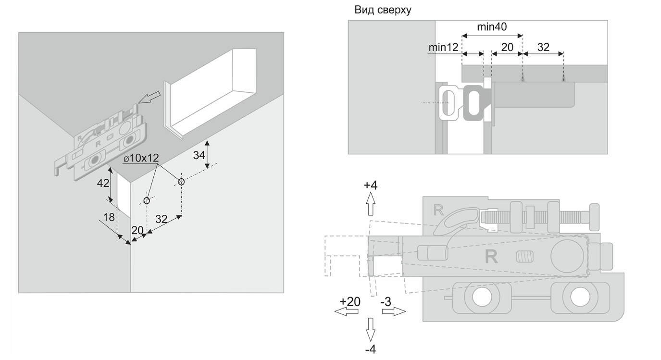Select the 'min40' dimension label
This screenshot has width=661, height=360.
tap(491, 27)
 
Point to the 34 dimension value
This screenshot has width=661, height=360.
tap(199, 155)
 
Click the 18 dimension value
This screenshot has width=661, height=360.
tap(109, 217)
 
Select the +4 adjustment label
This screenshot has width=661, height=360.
tap(371, 185)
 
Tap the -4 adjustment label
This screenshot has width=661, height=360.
tap(371, 349)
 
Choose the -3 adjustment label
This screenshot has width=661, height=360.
tap(386, 301)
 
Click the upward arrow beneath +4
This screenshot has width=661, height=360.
tap(371, 204)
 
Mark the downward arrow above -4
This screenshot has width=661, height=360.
tap(371, 330)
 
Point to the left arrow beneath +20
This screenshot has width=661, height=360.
tap(347, 311)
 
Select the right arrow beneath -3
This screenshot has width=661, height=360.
tap(394, 311)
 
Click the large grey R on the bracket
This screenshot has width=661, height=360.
tap(491, 257)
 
